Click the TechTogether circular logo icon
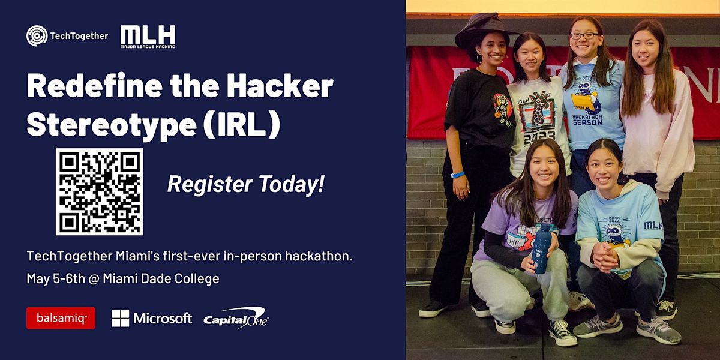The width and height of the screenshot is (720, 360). pos(37,35)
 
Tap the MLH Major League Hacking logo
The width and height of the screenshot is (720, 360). pos(148,36)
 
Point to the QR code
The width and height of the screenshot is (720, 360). pos(100,191)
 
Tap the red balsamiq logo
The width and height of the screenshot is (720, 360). pos(61,318)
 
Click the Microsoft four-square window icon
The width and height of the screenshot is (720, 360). pos(120,318)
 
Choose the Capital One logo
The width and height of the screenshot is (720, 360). pos(236,317)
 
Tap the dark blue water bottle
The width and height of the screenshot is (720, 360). pos(541,248)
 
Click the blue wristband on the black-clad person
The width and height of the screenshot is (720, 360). pos(458,175)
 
